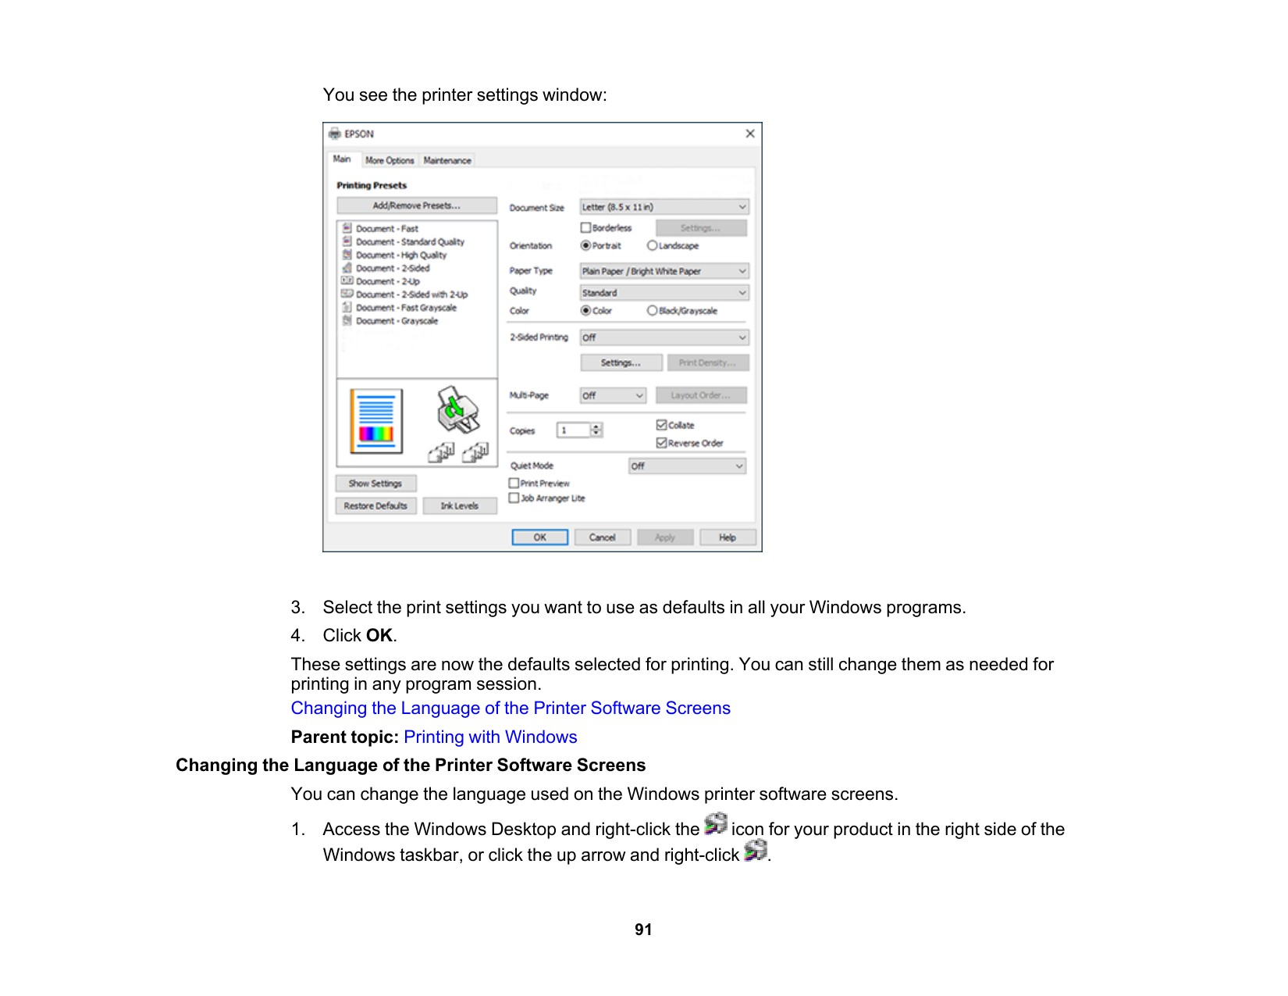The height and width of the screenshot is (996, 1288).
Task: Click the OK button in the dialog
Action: click(539, 537)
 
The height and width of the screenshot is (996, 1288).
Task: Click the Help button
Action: click(727, 537)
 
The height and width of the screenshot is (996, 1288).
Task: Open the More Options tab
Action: click(390, 160)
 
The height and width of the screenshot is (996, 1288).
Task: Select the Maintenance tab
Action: click(447, 160)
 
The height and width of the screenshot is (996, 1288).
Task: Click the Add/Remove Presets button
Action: click(417, 205)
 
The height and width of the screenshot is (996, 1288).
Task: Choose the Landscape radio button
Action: click(653, 245)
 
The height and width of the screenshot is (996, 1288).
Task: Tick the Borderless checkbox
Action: click(586, 227)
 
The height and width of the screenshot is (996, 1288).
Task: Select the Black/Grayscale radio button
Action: click(653, 310)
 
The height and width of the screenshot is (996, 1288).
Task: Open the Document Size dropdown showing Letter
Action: click(664, 207)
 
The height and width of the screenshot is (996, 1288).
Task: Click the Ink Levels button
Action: click(459, 505)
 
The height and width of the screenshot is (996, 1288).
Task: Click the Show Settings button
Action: click(375, 484)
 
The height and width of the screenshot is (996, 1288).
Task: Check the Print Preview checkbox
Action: click(514, 484)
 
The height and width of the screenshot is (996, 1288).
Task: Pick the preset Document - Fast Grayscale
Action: click(406, 308)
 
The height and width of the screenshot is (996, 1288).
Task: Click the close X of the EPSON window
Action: click(749, 134)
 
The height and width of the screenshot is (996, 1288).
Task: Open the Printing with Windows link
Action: click(490, 737)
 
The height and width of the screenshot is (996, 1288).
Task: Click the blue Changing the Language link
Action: click(511, 708)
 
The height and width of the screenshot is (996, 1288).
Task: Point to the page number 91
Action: click(643, 930)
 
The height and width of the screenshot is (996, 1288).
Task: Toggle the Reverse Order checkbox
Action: click(662, 443)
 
